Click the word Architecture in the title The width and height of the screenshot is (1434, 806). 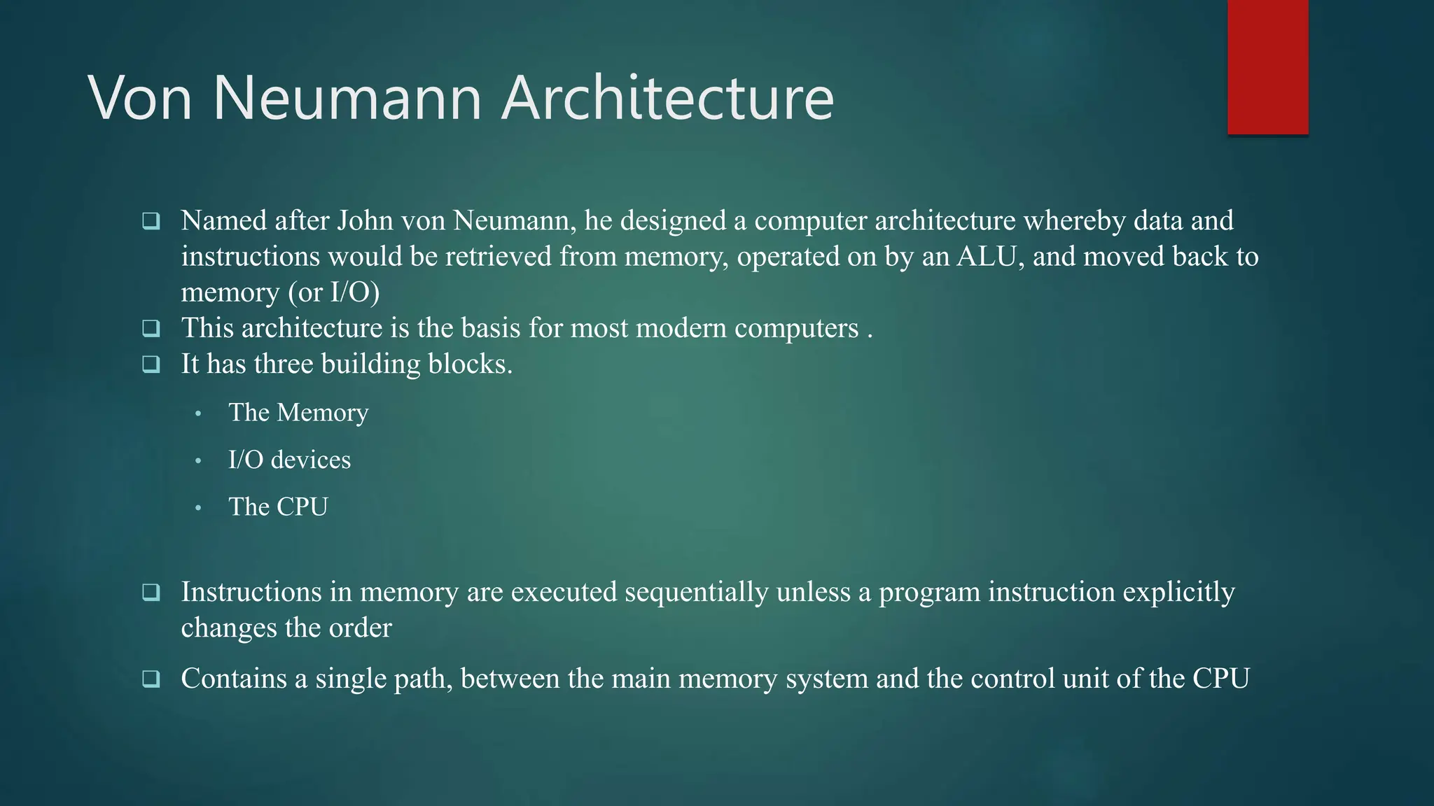point(668,98)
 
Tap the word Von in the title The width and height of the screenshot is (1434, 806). point(140,98)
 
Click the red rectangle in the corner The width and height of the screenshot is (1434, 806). point(1267,67)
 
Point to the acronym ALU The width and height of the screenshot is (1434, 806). point(987,257)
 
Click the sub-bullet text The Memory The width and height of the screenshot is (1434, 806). point(298,413)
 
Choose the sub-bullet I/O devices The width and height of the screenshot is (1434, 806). point(289,460)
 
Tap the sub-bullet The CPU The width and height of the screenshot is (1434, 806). point(278,507)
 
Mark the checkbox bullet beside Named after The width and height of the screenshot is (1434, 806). point(151,222)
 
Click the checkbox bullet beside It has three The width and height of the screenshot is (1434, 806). point(151,365)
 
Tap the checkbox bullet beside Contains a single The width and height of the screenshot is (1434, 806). point(151,679)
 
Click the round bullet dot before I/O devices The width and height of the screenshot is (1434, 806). point(199,460)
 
